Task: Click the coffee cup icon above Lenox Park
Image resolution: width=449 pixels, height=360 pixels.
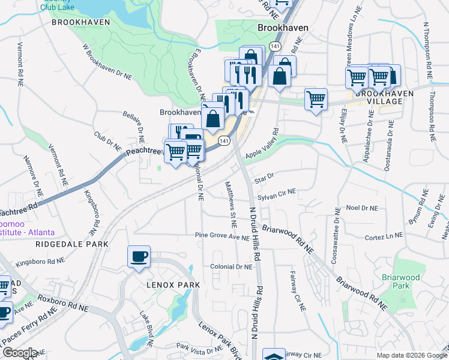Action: tap(139, 257)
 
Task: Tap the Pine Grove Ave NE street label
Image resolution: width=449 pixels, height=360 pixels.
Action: tap(221, 237)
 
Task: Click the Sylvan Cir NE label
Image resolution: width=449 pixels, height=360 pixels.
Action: tap(277, 194)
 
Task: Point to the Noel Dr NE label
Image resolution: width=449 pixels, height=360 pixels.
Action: tap(362, 208)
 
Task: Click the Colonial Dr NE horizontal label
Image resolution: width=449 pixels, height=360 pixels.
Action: tap(231, 266)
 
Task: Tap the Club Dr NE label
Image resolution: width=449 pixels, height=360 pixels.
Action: tap(107, 142)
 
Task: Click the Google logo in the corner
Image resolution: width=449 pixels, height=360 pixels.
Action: tap(19, 353)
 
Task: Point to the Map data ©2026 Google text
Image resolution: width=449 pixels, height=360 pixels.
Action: tap(411, 355)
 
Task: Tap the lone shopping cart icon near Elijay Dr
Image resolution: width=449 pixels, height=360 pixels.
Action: tap(316, 99)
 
